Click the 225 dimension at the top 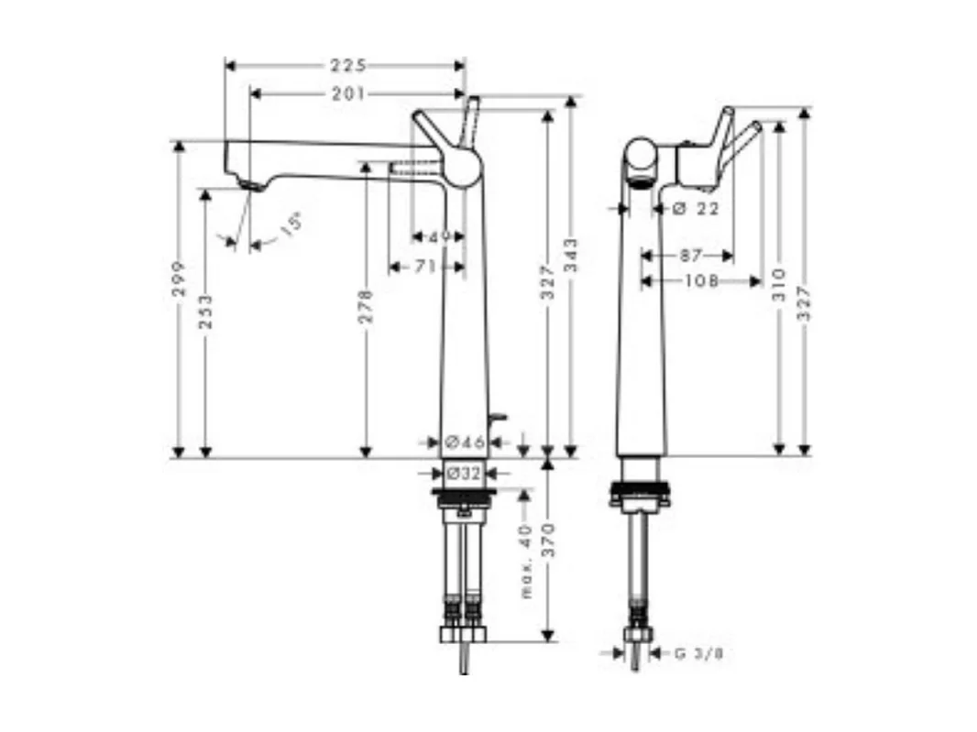tap(348, 65)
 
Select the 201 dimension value tap(348, 93)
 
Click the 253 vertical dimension tap(205, 311)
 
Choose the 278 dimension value tap(365, 307)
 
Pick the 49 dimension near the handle tap(440, 237)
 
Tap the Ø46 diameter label tap(465, 442)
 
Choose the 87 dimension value tap(692, 256)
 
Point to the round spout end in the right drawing tap(642, 162)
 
